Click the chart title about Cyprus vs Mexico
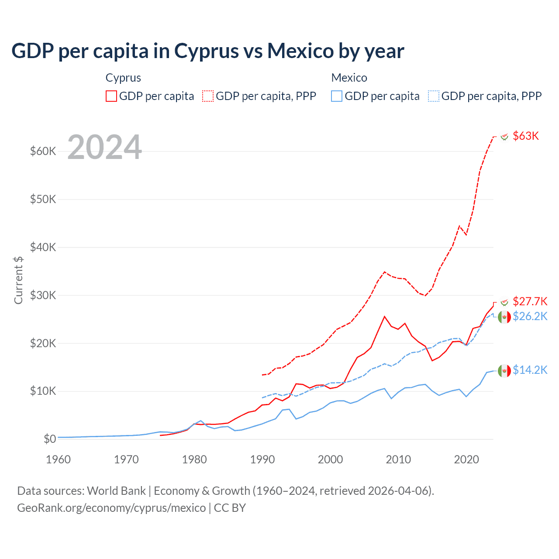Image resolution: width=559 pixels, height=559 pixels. coord(208,51)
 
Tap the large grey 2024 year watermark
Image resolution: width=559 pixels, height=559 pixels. coord(105,147)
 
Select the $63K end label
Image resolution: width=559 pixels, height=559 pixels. coord(526,136)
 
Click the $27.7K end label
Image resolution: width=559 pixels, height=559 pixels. coord(530,301)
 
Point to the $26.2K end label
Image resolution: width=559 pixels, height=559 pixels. coord(530,316)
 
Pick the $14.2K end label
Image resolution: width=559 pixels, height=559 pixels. coord(530,370)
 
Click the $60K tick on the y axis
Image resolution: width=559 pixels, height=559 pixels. coord(43,152)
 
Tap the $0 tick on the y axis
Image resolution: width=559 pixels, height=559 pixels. coord(50,439)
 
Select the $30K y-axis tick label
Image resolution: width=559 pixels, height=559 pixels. coord(43,295)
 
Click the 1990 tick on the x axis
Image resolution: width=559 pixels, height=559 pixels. coord(262,459)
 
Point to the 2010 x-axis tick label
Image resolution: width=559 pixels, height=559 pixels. coord(398,459)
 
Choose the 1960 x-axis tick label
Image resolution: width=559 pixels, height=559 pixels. coord(59,459)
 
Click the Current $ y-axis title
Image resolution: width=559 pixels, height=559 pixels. coord(18,279)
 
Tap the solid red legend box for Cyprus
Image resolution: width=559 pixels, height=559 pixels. coord(111,96)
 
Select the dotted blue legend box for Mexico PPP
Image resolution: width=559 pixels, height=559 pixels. coord(434,96)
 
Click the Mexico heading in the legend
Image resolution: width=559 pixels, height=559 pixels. coord(349,78)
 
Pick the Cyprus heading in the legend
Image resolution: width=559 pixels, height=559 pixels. coord(123,78)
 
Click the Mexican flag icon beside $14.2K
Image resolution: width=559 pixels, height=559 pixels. coord(504,370)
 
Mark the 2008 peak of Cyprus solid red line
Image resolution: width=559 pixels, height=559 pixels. coord(384,316)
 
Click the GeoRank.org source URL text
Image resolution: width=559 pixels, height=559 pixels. coord(111,508)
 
